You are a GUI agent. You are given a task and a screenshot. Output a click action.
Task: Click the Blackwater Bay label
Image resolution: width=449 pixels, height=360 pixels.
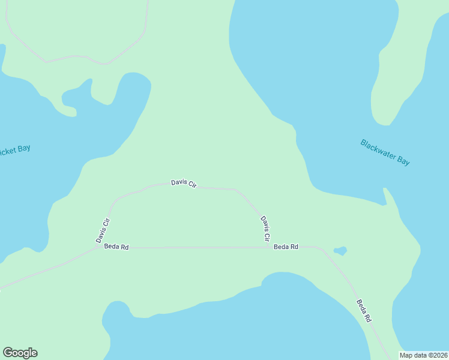pos(385,152)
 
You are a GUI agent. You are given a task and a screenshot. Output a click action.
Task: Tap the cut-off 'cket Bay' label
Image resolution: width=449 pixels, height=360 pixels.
pos(14,150)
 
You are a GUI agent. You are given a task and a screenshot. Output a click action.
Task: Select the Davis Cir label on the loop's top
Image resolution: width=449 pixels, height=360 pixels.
pos(184,183)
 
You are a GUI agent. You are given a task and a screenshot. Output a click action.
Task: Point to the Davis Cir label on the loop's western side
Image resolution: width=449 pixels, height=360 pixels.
pos(103,230)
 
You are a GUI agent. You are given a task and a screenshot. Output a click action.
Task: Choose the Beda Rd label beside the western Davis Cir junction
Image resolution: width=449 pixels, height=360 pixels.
pos(116,247)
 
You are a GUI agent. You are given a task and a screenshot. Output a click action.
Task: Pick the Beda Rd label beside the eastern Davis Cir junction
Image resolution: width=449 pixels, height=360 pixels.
pos(286,247)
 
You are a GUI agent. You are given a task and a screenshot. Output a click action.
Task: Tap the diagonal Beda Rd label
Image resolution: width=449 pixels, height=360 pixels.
pos(364,311)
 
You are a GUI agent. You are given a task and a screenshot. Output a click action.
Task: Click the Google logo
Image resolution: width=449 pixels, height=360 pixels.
pos(20,353)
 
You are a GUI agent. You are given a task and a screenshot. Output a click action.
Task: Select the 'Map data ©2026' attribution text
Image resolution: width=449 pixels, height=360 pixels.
pos(423,355)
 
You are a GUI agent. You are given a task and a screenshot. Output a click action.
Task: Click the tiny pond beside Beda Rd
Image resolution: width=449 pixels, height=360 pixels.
pos(340,250)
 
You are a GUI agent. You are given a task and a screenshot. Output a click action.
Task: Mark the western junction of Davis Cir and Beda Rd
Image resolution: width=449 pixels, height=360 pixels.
pos(98,247)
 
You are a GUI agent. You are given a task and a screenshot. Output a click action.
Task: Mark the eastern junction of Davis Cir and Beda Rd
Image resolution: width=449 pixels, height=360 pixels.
pos(268,247)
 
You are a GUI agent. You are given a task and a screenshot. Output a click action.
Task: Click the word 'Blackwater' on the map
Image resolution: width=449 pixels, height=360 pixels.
pos(376,149)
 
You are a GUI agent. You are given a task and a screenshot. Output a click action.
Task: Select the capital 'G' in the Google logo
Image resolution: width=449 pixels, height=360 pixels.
pos(8,353)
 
